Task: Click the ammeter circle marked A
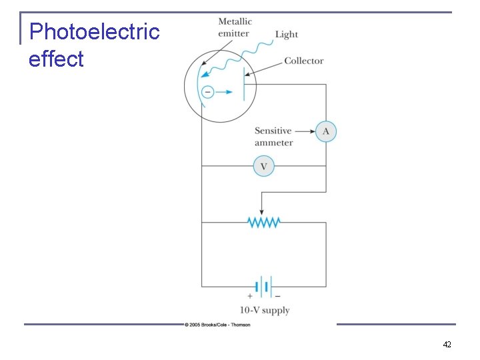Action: click(325, 131)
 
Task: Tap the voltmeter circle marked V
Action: click(264, 166)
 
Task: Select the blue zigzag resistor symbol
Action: click(264, 222)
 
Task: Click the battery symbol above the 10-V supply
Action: click(264, 287)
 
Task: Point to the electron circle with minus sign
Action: click(207, 92)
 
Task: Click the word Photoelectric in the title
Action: click(95, 31)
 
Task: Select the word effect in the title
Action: click(56, 59)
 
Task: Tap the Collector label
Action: click(303, 61)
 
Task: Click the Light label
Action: click(287, 35)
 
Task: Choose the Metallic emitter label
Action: click(235, 27)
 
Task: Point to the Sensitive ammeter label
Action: click(273, 137)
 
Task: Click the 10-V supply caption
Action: click(265, 310)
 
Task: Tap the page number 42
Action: click(447, 345)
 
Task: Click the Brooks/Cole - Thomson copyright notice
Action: click(217, 325)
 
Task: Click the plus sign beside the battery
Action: click(250, 295)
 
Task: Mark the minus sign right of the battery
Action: click(277, 295)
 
